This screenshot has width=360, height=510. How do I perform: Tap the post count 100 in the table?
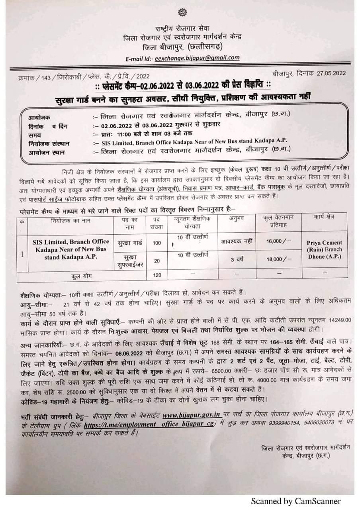pos(157,243)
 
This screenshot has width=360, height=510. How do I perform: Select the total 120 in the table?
pos(157,275)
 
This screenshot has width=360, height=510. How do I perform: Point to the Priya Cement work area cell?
pos(325,249)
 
